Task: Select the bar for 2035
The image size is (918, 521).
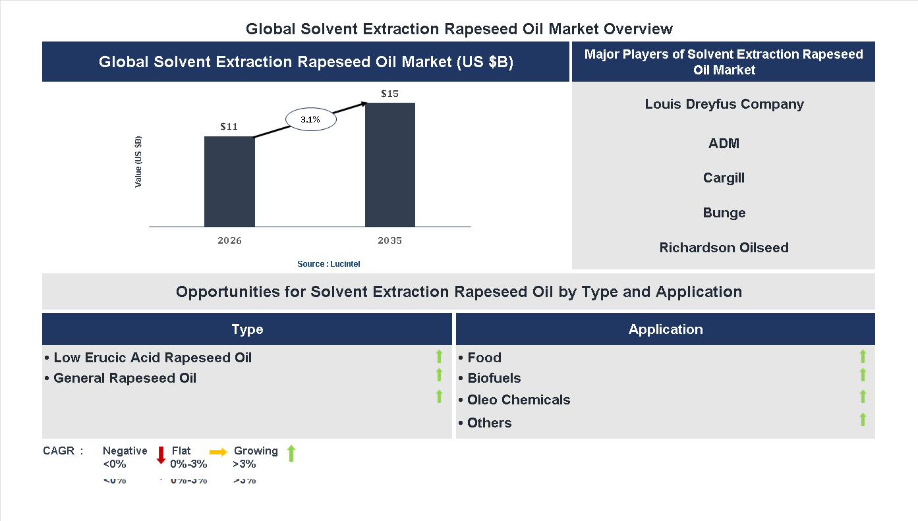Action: click(x=390, y=165)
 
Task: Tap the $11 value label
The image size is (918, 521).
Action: click(x=229, y=126)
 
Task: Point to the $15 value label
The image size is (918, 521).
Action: click(x=389, y=94)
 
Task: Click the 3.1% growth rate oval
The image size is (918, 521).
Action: click(x=310, y=120)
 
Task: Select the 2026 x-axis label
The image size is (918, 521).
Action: click(x=229, y=240)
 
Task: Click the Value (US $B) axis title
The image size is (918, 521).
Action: click(x=138, y=161)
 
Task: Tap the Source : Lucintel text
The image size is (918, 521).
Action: click(x=328, y=263)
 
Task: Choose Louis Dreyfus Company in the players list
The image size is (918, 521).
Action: click(x=724, y=104)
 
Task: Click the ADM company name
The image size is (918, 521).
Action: click(x=724, y=143)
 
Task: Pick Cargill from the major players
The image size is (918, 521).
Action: click(x=724, y=178)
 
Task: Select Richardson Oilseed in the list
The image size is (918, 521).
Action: click(x=724, y=248)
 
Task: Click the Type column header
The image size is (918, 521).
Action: click(x=247, y=329)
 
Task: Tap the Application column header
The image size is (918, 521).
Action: click(x=665, y=329)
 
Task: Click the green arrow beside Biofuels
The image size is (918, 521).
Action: click(x=863, y=375)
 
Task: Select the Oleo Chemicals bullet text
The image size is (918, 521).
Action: click(x=518, y=400)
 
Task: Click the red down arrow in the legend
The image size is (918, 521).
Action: click(x=161, y=454)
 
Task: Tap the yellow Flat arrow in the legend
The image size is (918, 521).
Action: click(x=218, y=452)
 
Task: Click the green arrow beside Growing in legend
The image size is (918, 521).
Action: click(x=291, y=453)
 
